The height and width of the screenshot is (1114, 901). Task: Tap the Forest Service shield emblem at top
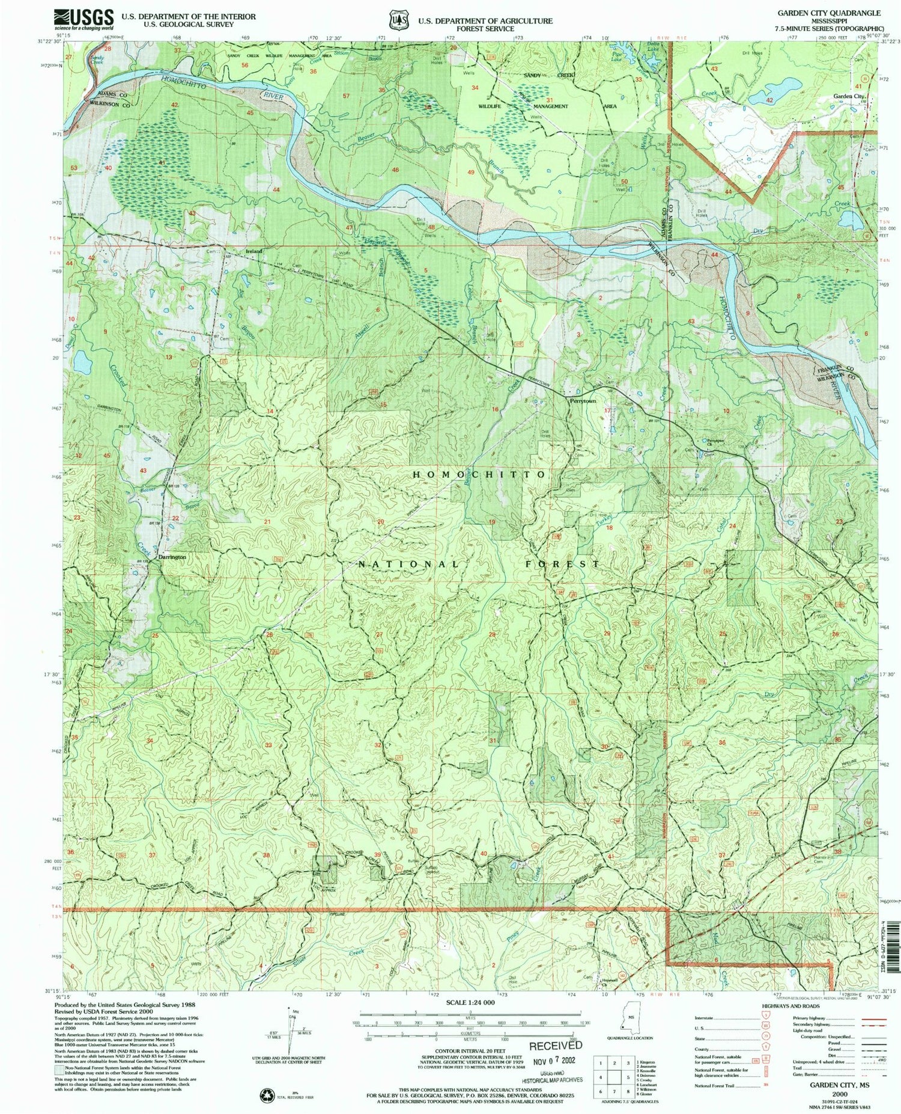tap(394, 20)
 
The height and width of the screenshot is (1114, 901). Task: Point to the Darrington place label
tap(172, 557)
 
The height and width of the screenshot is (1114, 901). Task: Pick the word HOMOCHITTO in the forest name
tap(479, 474)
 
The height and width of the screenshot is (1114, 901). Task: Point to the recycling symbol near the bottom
tap(265, 1095)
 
